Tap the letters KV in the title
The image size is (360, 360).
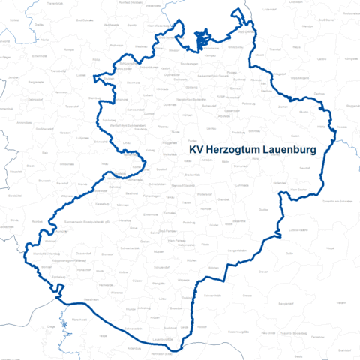click(x=195, y=151)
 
